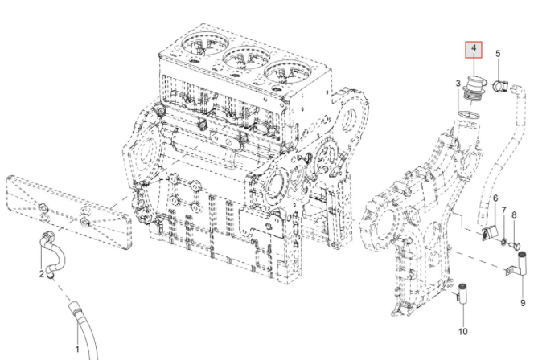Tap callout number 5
pyautogui.click(x=498, y=54)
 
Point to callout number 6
pyautogui.click(x=495, y=198)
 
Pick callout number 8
pyautogui.click(x=514, y=216)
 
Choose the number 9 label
pyautogui.click(x=522, y=302)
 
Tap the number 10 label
pyautogui.click(x=462, y=331)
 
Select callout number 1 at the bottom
pyautogui.click(x=77, y=349)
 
